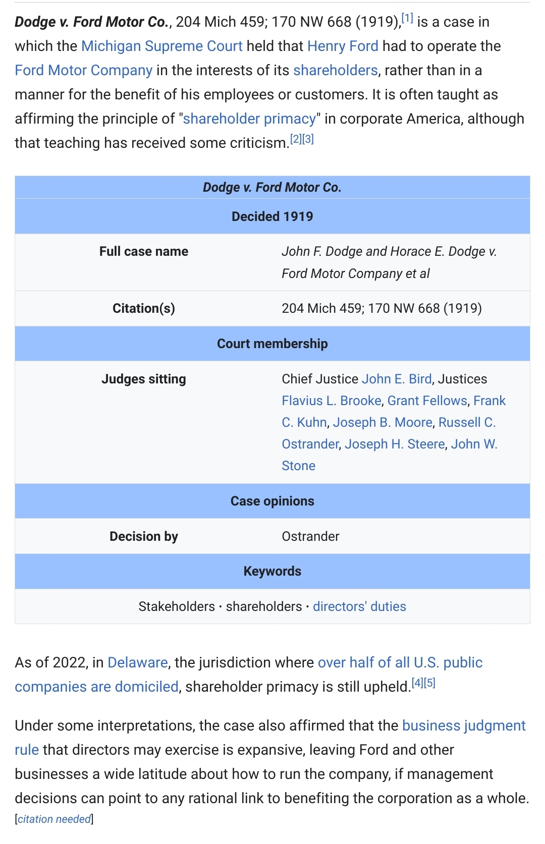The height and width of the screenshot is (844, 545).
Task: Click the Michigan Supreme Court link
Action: (161, 46)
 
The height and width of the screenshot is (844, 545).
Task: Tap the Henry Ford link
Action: (343, 46)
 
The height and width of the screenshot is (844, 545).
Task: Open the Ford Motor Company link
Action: (83, 70)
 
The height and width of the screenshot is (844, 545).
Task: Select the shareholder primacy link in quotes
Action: (249, 119)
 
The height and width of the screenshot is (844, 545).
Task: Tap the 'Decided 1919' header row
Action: (272, 216)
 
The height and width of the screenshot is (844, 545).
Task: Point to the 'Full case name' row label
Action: (143, 251)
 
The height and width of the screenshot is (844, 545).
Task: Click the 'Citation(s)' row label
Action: (143, 308)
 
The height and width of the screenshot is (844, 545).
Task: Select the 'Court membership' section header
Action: (272, 344)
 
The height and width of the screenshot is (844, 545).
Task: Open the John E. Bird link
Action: (397, 379)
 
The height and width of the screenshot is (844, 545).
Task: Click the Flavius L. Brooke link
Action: (332, 401)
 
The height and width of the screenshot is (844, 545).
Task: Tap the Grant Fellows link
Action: (427, 401)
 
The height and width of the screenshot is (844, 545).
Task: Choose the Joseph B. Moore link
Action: (383, 422)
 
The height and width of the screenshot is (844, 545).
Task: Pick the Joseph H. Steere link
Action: (395, 444)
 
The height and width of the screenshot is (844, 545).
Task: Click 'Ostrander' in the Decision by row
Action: (310, 536)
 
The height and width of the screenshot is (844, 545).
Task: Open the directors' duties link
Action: (359, 606)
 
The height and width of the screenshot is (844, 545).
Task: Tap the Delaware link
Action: (138, 662)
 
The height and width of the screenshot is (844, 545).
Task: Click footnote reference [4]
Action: (417, 683)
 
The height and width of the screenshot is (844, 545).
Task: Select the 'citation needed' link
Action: (54, 819)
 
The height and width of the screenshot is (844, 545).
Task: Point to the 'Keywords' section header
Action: (272, 571)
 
